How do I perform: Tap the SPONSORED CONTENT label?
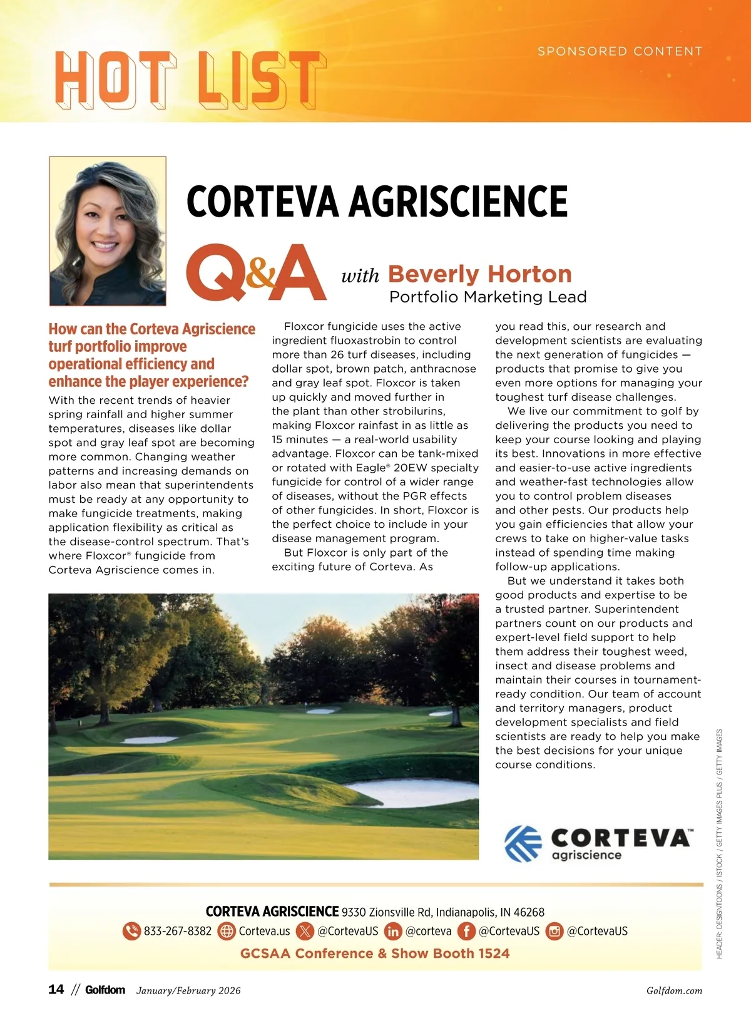tap(620, 51)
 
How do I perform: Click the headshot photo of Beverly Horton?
tap(108, 231)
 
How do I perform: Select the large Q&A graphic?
tap(257, 273)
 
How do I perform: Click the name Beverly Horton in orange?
tap(479, 274)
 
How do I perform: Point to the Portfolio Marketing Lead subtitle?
tap(488, 297)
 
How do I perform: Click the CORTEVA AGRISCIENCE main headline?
tap(377, 202)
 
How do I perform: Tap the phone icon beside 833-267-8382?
tap(131, 931)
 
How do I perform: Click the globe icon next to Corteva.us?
tap(226, 931)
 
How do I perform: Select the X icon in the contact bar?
tap(305, 931)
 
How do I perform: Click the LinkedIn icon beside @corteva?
tap(393, 931)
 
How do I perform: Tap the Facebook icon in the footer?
tap(466, 931)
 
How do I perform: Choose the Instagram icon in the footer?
tap(554, 931)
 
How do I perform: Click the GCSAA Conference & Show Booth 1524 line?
tap(375, 954)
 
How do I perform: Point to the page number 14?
tap(56, 989)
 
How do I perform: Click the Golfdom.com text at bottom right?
tap(674, 990)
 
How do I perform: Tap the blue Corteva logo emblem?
tap(523, 843)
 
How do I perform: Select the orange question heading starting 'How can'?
tap(151, 355)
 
